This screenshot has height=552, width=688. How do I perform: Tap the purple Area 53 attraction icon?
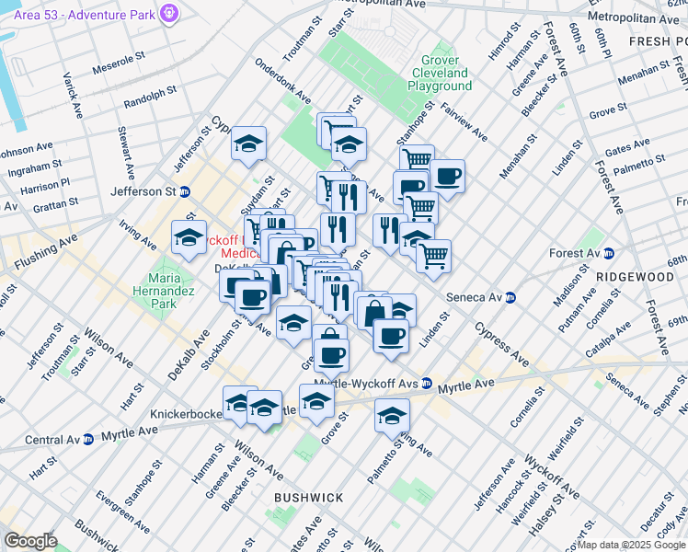(x=168, y=13)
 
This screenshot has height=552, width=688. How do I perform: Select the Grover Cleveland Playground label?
(x=439, y=73)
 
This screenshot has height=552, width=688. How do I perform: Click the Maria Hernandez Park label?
(x=166, y=293)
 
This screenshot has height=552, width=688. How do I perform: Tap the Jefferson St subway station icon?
(x=185, y=192)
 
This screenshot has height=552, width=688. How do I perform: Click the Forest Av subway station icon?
(x=618, y=253)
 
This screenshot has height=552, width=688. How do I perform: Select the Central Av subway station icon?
(x=88, y=439)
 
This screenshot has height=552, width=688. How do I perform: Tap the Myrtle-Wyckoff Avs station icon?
(x=426, y=383)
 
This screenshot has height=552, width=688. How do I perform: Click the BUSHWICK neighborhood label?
(x=308, y=498)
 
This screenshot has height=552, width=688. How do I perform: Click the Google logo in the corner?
(x=30, y=541)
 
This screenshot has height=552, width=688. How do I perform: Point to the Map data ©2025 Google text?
(x=631, y=545)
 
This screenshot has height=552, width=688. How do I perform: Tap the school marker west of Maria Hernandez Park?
(x=189, y=238)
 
